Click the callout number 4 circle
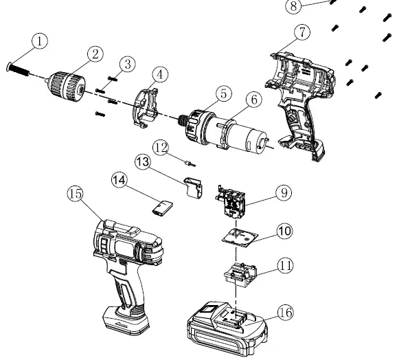(x=159, y=74)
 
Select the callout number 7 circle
(x=301, y=32)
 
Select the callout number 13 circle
(x=142, y=162)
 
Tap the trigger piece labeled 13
(x=194, y=187)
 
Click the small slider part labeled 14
(x=161, y=207)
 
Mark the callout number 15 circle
(x=76, y=194)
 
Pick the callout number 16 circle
(x=285, y=313)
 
